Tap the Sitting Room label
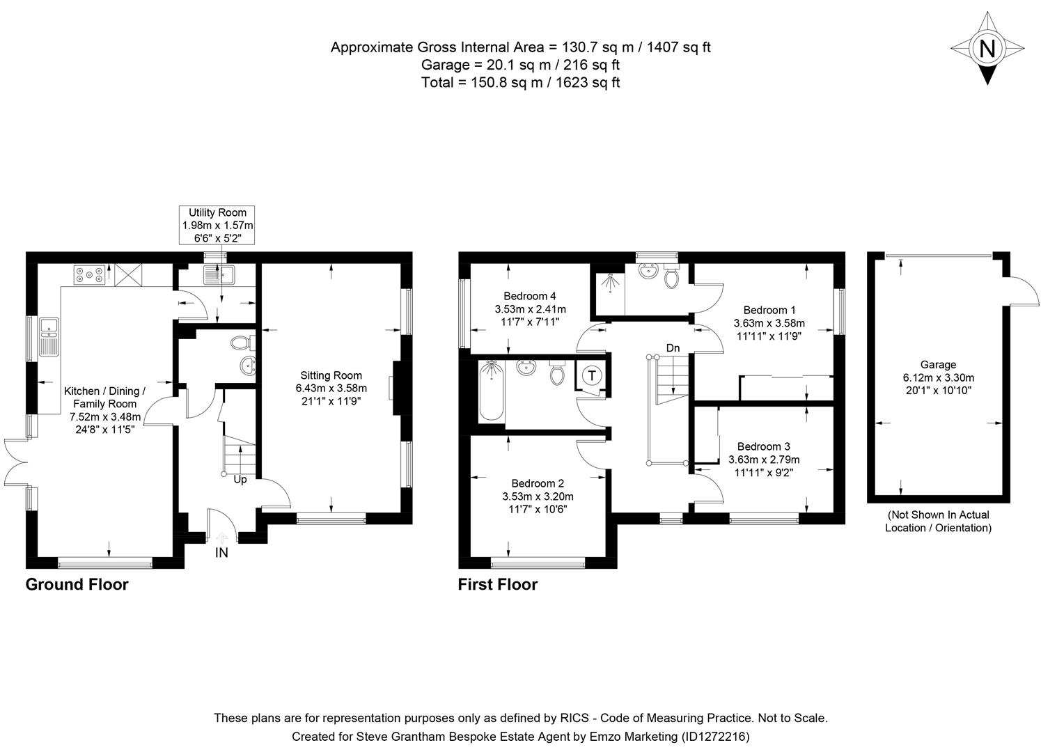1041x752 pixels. tap(331, 375)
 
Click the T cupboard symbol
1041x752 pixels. tap(591, 376)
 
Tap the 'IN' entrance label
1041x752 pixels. tap(221, 553)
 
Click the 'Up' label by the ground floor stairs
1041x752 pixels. tap(240, 480)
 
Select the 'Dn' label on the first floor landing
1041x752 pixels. tap(672, 348)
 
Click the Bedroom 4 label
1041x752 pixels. tap(530, 297)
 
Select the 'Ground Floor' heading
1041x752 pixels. tap(77, 584)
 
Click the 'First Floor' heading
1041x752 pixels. tap(497, 584)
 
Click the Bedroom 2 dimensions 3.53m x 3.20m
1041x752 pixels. tap(538, 496)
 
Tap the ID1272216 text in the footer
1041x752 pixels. tap(714, 736)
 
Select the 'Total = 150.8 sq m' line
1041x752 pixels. tap(520, 82)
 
